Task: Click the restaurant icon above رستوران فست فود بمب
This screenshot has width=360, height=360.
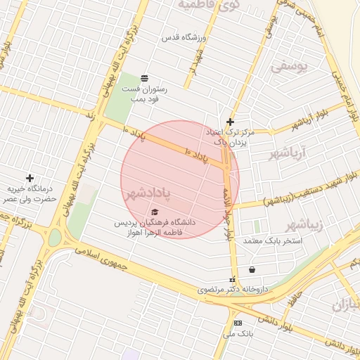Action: [145, 77]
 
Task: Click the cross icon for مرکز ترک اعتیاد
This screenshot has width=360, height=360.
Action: [230, 122]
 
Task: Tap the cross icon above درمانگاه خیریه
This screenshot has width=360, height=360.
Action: [30, 178]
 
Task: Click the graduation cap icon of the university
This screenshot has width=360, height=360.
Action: [155, 212]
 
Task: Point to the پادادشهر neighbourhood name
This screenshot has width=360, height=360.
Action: [150, 192]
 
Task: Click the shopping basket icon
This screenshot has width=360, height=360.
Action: [252, 269]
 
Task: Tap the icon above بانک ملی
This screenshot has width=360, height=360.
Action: [238, 323]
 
